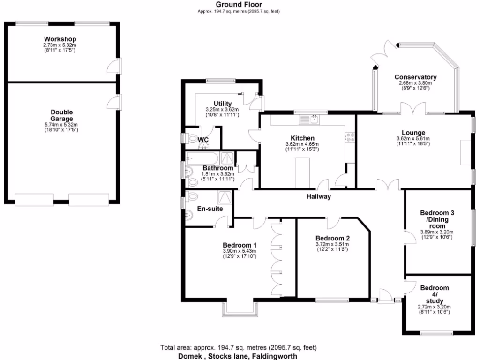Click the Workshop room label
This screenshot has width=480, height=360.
pos(60,38)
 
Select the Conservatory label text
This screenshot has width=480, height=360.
pos(415,77)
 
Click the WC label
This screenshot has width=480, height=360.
pos(203,140)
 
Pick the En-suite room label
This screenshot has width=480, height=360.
pos(210,209)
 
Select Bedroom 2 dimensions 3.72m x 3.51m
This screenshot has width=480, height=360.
pos(332,244)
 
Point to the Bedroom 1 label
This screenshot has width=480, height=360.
pos(239,245)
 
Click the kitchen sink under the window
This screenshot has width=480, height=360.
pos(310,120)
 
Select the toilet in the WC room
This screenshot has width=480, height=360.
pos(190,138)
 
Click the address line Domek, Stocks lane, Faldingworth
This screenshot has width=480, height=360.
pos(238,356)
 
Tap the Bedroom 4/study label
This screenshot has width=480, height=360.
pos(434,294)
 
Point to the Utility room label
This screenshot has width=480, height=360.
pos(222,104)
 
